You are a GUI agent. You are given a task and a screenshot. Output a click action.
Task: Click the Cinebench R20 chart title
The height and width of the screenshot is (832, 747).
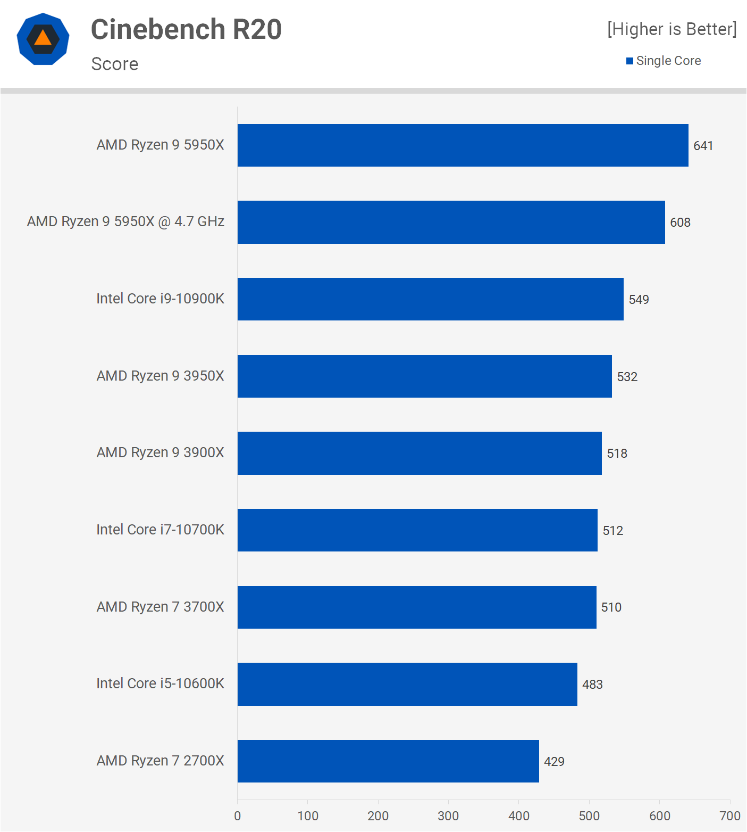click(x=186, y=29)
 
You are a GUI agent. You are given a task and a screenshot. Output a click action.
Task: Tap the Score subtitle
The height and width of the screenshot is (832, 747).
click(x=115, y=64)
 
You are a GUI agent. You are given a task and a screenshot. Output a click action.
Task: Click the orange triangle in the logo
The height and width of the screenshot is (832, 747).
click(x=43, y=38)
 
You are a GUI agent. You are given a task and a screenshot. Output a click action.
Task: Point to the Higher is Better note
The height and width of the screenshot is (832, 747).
click(x=672, y=29)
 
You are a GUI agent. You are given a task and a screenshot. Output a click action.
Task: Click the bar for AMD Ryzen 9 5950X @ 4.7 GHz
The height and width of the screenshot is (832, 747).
click(x=451, y=222)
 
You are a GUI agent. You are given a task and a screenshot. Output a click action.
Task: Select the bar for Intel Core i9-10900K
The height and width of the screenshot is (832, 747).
click(x=430, y=299)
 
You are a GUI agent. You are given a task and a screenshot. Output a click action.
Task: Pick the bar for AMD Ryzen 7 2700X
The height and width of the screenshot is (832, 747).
click(x=388, y=761)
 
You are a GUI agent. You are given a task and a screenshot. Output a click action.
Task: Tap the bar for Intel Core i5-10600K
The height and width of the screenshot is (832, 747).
click(x=407, y=684)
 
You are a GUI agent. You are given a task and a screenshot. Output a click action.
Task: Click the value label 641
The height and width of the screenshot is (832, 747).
click(x=703, y=146)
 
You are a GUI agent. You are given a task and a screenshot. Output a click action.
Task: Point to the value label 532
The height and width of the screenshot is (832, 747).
click(x=627, y=377)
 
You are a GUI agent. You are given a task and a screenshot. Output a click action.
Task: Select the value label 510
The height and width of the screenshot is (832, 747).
click(x=611, y=607)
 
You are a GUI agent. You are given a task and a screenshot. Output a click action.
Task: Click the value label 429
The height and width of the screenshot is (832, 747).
click(x=554, y=762)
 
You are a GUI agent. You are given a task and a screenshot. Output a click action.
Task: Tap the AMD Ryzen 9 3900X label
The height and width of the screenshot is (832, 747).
click(x=160, y=452)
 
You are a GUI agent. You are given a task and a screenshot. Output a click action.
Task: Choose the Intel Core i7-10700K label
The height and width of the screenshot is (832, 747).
click(x=160, y=530)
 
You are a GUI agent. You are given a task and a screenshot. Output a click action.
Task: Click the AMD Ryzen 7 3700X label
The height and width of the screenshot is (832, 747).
click(x=160, y=607)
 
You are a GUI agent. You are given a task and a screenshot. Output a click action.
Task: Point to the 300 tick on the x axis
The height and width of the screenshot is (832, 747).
click(x=448, y=816)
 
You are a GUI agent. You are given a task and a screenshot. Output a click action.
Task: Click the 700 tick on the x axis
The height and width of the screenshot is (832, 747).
click(x=729, y=816)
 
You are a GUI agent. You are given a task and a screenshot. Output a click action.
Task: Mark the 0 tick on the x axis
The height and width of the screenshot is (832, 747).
click(x=238, y=816)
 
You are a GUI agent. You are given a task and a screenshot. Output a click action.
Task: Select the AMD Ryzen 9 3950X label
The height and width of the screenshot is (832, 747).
click(x=160, y=376)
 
